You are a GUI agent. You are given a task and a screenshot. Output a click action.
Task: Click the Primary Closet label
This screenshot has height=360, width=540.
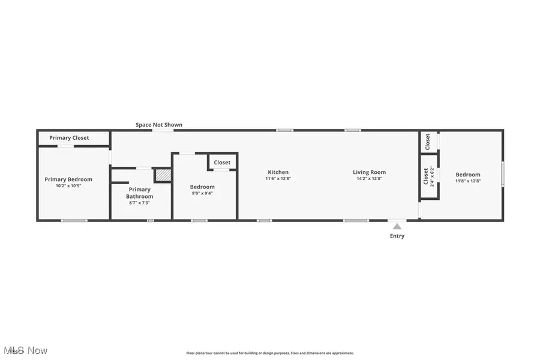point(69,138)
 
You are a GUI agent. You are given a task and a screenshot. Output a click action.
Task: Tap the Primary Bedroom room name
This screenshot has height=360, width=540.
point(68,179)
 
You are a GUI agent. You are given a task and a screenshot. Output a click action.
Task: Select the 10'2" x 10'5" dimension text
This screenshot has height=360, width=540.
point(68,186)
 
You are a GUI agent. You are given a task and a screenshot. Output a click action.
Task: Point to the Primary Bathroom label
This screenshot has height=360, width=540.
point(139,193)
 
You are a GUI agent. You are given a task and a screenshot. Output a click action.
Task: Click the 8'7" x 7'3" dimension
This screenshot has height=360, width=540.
point(139,203)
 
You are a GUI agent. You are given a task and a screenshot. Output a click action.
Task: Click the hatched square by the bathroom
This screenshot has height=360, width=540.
point(163,175)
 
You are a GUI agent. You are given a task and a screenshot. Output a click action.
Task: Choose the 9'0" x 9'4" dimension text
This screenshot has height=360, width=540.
point(202,193)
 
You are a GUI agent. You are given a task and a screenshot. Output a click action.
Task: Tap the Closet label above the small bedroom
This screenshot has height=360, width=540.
point(222,163)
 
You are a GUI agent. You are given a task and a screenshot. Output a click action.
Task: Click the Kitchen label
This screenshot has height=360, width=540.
point(278,172)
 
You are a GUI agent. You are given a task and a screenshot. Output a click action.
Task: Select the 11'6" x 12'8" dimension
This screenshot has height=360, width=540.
point(278,179)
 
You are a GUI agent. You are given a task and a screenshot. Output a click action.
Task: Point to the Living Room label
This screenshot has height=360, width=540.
point(369,172)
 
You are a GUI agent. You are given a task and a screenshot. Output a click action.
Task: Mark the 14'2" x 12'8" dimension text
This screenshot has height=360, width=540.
point(369,179)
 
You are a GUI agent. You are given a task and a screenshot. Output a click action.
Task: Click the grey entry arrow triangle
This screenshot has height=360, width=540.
point(397,226)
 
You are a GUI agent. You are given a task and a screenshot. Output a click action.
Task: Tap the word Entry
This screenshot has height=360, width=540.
point(397,236)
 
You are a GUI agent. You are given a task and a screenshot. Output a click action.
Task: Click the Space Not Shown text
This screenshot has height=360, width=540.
point(159,125)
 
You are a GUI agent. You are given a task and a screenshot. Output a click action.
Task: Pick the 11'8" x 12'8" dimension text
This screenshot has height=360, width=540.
point(468,181)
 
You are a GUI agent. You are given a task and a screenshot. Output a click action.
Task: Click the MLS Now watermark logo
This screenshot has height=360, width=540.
point(25,350)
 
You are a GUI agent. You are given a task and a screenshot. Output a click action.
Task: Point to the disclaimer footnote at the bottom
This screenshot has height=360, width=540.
point(270,353)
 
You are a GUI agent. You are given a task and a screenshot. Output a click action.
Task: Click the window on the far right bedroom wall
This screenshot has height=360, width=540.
point(502,174)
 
